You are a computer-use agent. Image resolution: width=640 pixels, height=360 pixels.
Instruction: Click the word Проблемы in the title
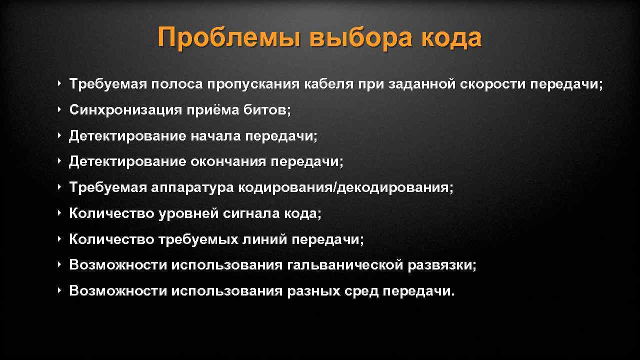point(228,38)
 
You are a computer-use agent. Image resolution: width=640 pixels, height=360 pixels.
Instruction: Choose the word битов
point(267,110)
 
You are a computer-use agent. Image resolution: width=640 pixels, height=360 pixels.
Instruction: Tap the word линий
point(265,240)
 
